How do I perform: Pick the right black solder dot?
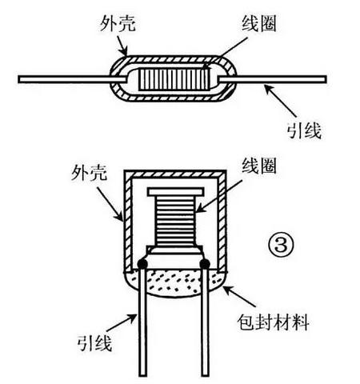[205, 263]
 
